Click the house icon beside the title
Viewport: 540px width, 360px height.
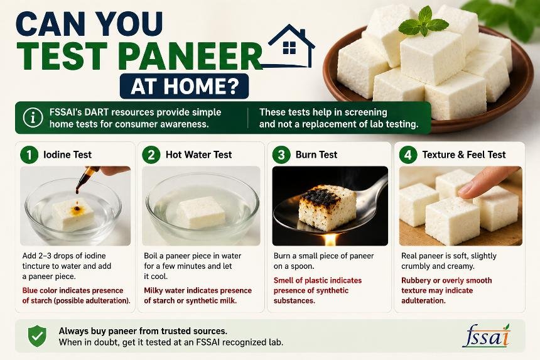point(291,46)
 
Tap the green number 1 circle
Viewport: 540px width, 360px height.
point(29,155)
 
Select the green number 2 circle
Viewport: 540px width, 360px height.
point(151,155)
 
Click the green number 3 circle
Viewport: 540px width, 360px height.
point(281,155)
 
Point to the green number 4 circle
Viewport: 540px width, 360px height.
point(408,155)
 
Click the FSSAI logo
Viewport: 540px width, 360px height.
point(486,335)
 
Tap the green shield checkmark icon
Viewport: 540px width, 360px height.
point(37,336)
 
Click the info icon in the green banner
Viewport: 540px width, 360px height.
point(33,117)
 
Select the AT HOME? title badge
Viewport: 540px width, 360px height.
point(184,86)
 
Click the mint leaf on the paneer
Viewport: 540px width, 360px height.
point(424,23)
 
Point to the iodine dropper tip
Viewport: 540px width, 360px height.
point(77,191)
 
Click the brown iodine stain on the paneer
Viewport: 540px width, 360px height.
point(77,209)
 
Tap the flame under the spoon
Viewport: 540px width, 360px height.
point(330,239)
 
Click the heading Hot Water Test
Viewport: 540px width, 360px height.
point(198,155)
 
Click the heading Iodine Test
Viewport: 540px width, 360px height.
point(68,155)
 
